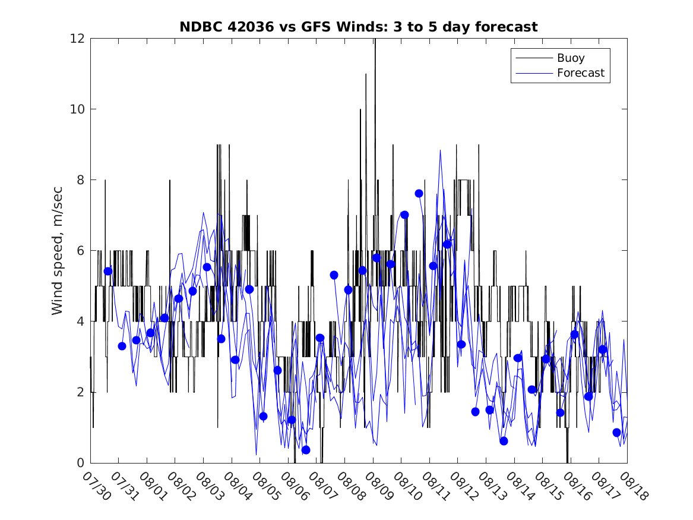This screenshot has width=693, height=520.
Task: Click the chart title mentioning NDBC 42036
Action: pos(359,27)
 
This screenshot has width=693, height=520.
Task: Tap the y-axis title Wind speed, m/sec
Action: pos(58,250)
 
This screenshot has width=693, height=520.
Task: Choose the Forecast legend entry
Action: pos(580,73)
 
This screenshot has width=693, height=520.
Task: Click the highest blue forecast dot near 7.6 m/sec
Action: pos(419,193)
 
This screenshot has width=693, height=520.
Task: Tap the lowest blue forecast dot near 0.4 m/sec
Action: pos(306,450)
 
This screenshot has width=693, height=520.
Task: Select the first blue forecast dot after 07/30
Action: pos(108,271)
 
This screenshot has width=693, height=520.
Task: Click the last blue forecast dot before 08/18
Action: pos(617,433)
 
